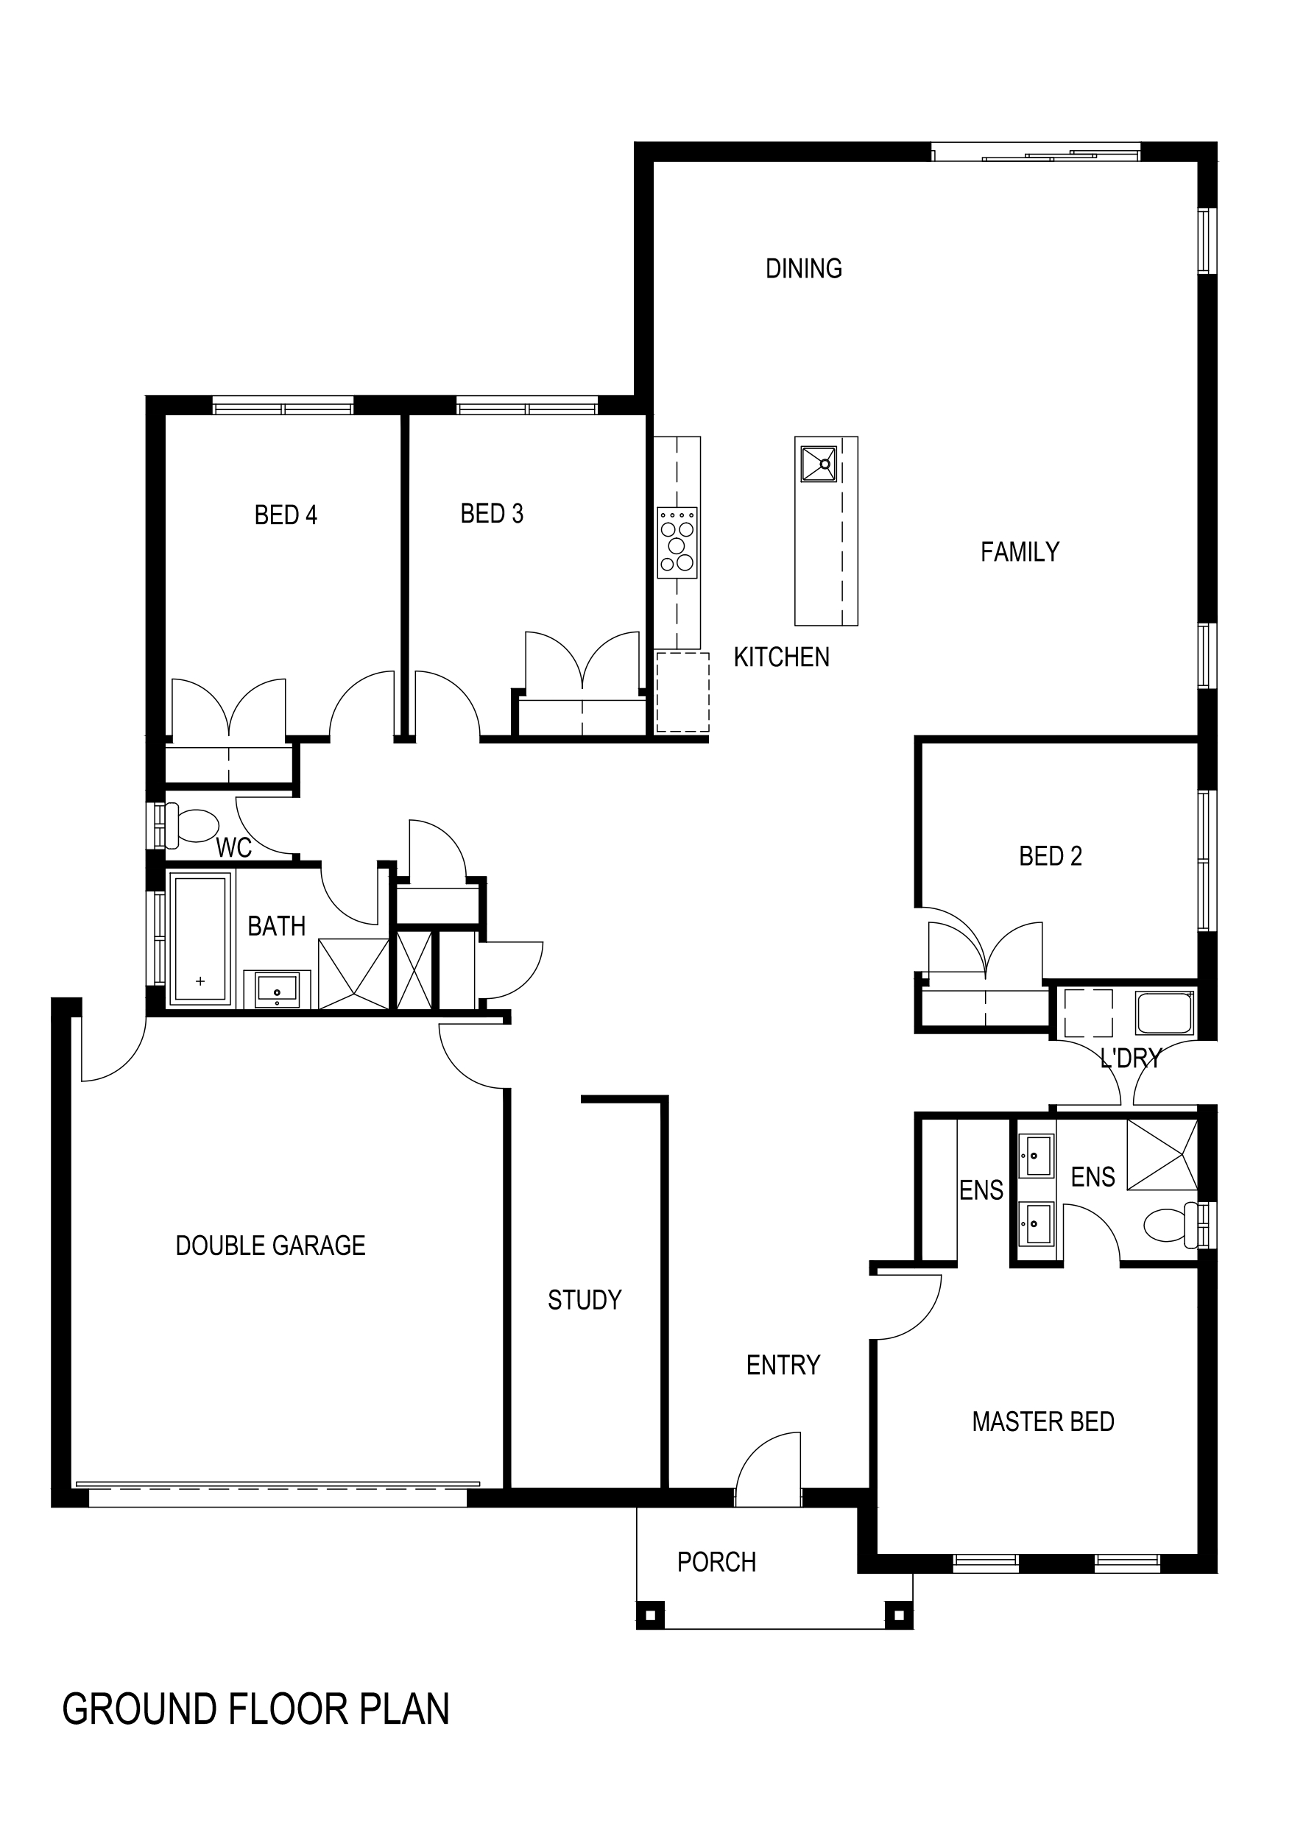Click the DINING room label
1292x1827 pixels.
(804, 269)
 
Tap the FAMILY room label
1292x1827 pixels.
(1020, 552)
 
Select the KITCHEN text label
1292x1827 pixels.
(782, 657)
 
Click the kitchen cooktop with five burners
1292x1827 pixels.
(677, 543)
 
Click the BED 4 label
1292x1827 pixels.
(286, 515)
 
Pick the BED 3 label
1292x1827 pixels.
(492, 514)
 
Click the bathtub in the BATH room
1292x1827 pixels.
(200, 939)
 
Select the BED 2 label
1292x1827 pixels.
(1051, 856)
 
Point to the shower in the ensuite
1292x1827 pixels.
(1162, 1156)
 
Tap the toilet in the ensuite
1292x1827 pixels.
(1176, 1226)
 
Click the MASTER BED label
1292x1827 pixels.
(1043, 1422)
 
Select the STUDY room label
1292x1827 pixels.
(585, 1300)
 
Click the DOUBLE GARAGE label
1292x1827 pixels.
(271, 1245)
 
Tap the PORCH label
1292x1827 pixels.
(716, 1562)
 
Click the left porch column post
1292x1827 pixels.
(650, 1616)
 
